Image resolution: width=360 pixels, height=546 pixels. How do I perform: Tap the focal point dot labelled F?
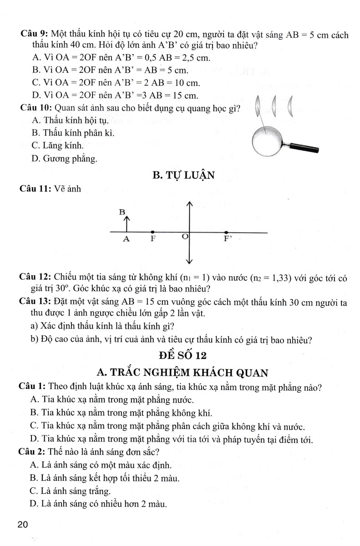point(152,232)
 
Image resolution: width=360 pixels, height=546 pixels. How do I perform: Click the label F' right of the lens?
point(227,239)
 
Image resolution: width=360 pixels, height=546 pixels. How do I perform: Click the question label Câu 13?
point(35,301)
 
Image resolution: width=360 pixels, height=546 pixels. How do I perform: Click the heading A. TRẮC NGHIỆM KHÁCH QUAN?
point(182,373)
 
